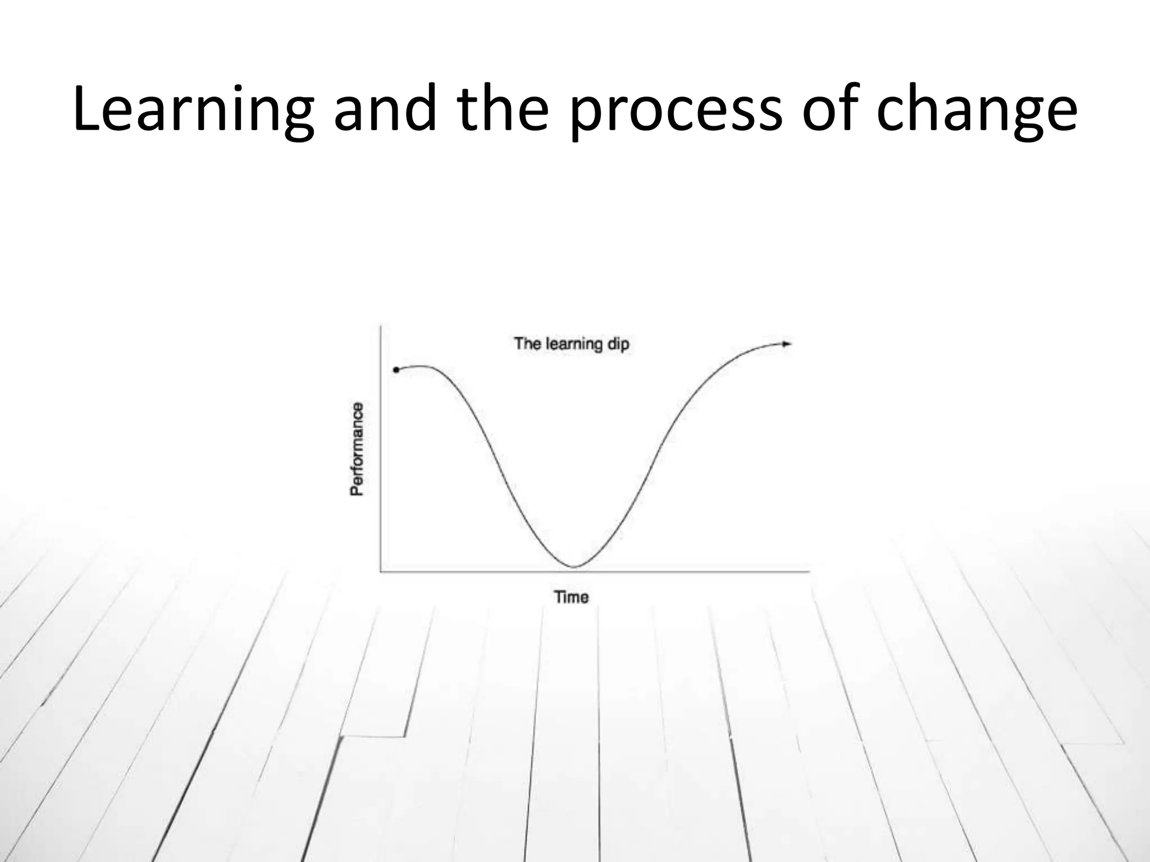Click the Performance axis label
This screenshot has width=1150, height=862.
(357, 449)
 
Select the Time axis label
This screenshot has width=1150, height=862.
(572, 597)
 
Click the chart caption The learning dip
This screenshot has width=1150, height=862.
(572, 343)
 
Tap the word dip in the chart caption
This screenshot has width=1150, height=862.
(618, 344)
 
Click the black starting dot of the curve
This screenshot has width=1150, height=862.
(396, 370)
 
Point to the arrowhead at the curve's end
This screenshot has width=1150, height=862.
(787, 343)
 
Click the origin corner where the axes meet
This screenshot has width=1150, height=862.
(381, 572)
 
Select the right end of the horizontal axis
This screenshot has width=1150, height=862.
(809, 572)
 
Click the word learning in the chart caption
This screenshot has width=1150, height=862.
(573, 343)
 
